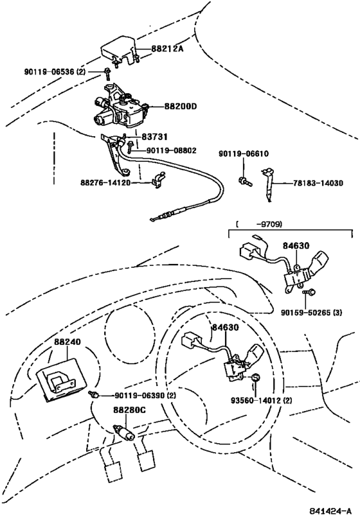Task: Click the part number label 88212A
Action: [168, 48]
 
